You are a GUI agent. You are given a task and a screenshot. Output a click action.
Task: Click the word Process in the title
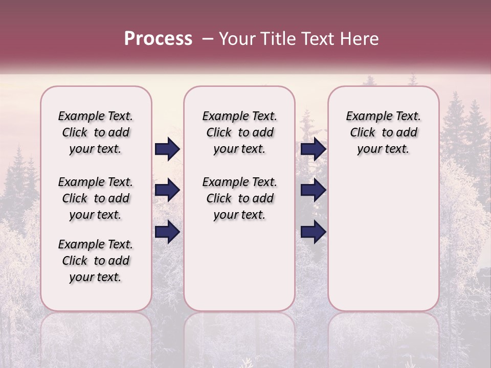coord(158,39)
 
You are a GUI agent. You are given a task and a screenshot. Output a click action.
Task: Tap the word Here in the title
coord(360,39)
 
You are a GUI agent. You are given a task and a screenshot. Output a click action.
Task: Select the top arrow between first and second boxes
coord(167,149)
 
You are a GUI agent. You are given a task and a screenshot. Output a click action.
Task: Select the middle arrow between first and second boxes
coord(167,190)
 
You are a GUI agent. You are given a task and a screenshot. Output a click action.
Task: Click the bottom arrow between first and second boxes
coord(167,232)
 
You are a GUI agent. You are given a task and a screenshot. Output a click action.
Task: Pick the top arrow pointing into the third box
coord(313,149)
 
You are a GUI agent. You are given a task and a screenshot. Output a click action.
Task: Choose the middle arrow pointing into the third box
coord(313,190)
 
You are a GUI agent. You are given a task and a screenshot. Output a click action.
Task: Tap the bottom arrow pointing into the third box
coord(313,232)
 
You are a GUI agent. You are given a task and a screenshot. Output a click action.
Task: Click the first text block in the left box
coord(96,132)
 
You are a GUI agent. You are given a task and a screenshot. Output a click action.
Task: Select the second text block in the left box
coord(96,198)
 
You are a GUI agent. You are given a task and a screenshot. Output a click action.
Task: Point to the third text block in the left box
coord(96,261)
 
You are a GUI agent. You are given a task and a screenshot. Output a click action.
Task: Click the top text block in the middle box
coord(239,132)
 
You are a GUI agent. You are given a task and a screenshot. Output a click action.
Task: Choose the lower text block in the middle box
coord(239,198)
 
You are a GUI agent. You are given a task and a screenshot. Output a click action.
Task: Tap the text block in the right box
coord(383,132)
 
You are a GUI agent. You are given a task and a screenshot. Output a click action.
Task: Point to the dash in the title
coord(208,39)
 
